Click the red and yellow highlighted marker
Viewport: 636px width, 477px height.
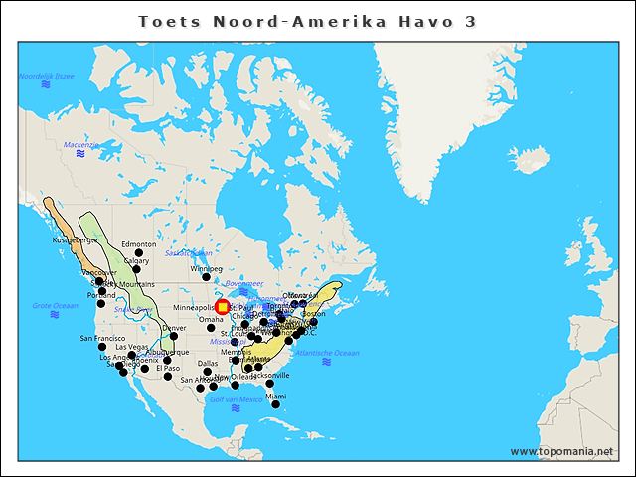[x=223, y=307]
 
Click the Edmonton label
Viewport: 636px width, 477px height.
[x=139, y=244]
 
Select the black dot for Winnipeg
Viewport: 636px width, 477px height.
[x=207, y=276]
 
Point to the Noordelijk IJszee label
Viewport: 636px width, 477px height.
[x=47, y=76]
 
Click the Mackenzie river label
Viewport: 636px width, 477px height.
[x=81, y=144]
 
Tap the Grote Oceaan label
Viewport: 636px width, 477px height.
[x=55, y=305]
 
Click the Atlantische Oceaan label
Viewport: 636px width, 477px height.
[x=327, y=353]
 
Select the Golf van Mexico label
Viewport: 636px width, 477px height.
[x=236, y=398]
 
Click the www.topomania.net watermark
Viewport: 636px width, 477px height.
[x=561, y=451]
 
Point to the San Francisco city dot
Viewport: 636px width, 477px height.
[x=102, y=347]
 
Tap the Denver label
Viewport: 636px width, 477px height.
[x=174, y=328]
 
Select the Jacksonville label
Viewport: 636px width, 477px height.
[x=270, y=375]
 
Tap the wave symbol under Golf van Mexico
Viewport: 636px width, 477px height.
[x=236, y=408]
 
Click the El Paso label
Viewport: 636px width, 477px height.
[x=167, y=368]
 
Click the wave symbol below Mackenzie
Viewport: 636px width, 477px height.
[x=81, y=154]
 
